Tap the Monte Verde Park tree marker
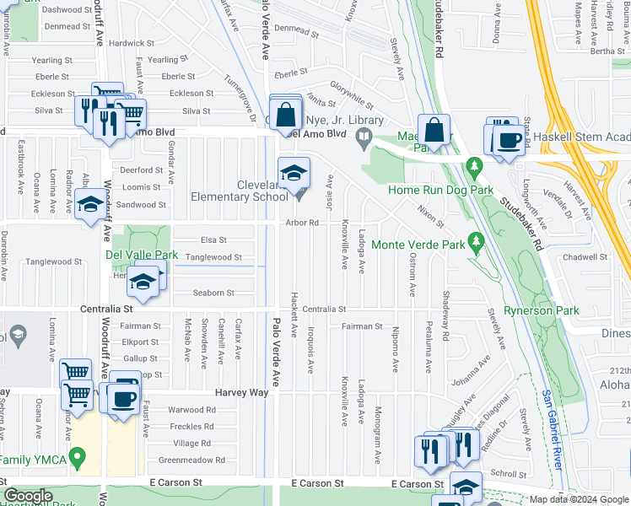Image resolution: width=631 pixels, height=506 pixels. [476, 244]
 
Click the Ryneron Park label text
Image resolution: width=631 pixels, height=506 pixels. [541, 310]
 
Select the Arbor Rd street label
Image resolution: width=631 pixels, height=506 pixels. [301, 223]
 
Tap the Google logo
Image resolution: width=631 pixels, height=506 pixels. [29, 496]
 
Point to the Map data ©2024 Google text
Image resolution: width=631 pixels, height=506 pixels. [579, 499]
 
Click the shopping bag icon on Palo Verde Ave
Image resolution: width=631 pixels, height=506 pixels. [287, 114]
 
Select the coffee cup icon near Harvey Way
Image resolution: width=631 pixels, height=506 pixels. [124, 397]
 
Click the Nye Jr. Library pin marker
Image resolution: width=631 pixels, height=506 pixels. [364, 140]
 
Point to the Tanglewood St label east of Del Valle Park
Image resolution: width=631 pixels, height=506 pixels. [213, 257]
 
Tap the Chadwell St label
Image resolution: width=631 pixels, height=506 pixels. [588, 256]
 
